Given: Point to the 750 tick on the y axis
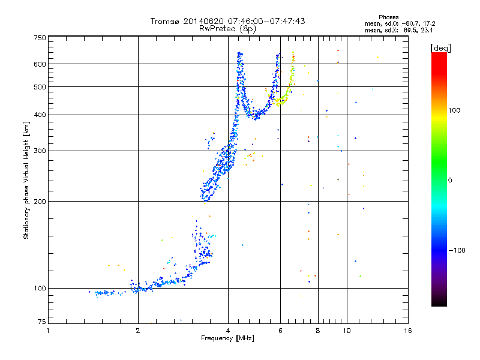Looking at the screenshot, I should tap(40, 38).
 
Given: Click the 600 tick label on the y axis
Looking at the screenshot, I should tap(40, 64).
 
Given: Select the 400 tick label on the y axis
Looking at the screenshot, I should tap(40, 115).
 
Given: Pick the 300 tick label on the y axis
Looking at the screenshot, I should tap(40, 151).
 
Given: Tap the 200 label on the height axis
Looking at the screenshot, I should tap(40, 202).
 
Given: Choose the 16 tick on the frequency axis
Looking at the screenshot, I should tap(407, 331).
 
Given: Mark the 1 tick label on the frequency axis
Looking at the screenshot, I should tap(49, 331).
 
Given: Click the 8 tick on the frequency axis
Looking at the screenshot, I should tap(317, 331).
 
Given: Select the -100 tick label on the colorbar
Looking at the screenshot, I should tap(458, 250).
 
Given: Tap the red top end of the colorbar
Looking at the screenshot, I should tap(439, 55).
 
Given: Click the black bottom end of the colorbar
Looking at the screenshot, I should tap(439, 304).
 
